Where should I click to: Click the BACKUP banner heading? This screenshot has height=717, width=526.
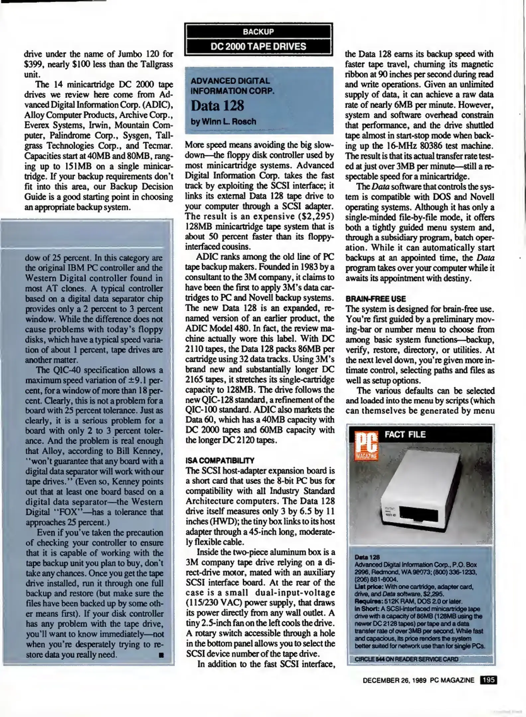(258, 32)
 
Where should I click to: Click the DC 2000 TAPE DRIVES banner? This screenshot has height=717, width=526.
(258, 46)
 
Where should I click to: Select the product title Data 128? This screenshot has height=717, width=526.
(217, 106)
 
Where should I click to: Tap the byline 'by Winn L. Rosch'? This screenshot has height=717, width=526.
(223, 121)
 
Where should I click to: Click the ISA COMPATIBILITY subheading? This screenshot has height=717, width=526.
(220, 460)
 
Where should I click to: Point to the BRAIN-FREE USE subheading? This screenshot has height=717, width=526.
(376, 299)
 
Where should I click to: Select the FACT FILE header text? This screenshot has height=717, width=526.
(405, 435)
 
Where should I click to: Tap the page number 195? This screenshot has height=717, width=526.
(488, 680)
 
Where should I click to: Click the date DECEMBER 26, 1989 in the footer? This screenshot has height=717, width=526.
(395, 680)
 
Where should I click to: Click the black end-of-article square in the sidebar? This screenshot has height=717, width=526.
(161, 655)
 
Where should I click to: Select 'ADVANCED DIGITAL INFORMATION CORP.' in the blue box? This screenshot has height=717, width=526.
(232, 86)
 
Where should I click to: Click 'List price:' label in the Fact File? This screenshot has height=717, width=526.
(365, 587)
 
